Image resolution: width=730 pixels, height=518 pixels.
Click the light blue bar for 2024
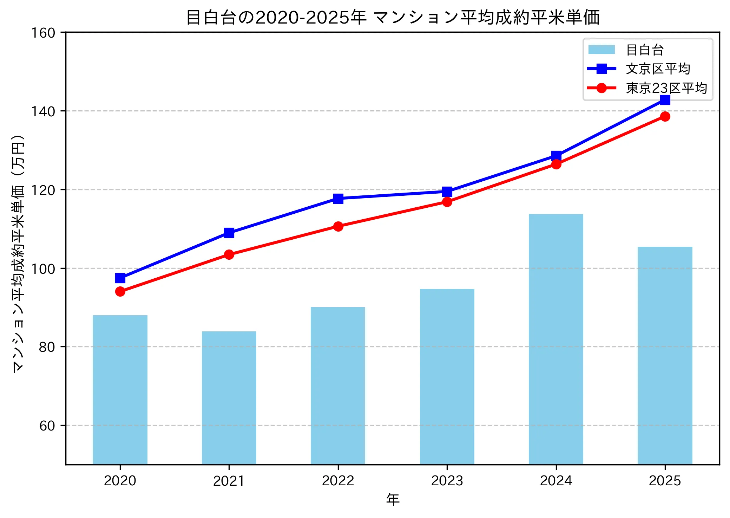[x=555, y=339]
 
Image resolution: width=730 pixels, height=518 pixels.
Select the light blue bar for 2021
[x=229, y=398]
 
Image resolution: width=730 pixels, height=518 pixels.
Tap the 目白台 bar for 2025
[x=665, y=355]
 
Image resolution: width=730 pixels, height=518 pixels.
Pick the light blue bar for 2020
[x=120, y=390]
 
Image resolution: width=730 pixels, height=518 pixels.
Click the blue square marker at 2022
[x=338, y=199]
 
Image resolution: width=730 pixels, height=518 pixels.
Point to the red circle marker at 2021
[x=229, y=254]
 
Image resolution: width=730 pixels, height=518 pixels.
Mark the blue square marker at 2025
[x=665, y=100]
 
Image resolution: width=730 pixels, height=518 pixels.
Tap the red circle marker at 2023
[x=447, y=202]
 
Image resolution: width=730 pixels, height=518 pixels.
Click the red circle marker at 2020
[x=120, y=291]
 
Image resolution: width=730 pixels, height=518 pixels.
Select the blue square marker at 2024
[x=556, y=155]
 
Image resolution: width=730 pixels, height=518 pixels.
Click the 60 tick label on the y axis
[x=47, y=426]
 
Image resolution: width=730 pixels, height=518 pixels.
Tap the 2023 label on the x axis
[x=447, y=480]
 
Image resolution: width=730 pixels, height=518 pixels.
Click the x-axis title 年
[x=393, y=499]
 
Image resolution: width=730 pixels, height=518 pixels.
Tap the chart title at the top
[x=393, y=17]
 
